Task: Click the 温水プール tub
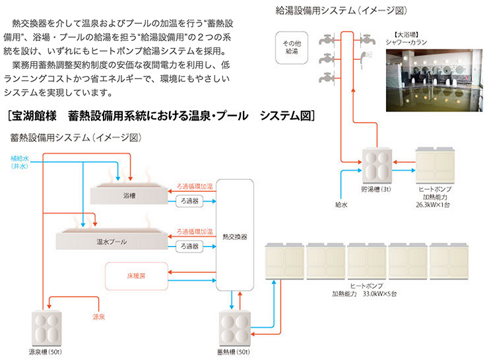112,241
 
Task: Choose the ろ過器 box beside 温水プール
191,246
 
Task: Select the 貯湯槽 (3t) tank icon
378,165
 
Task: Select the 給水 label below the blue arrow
341,205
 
